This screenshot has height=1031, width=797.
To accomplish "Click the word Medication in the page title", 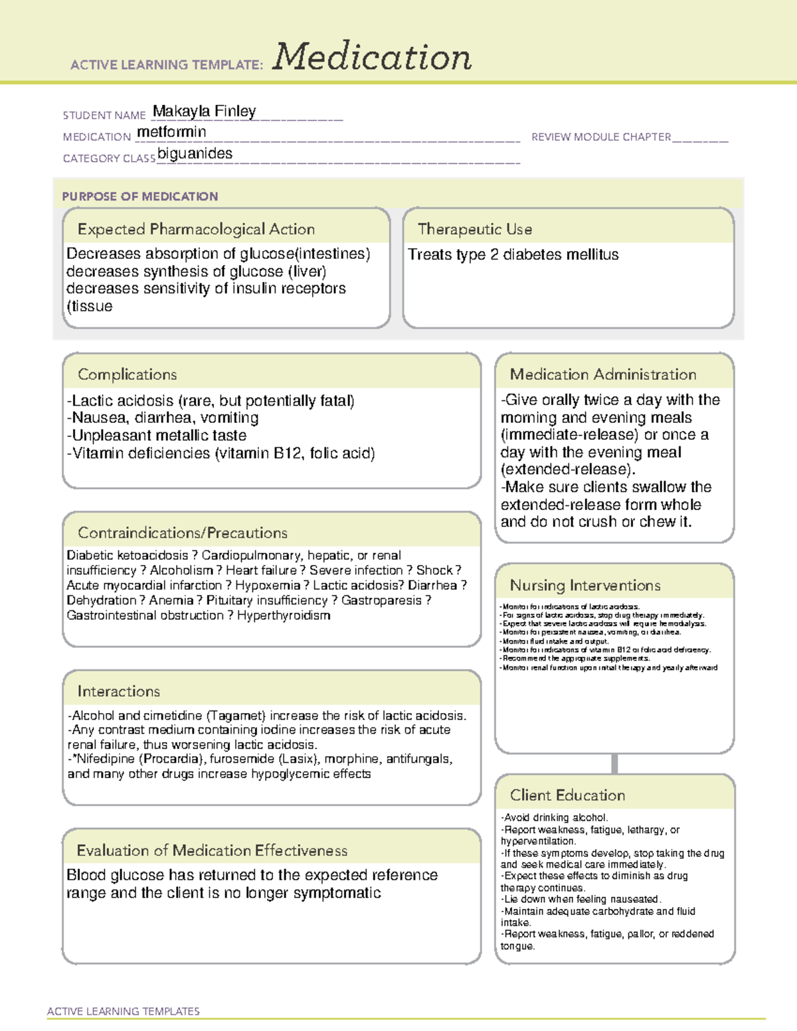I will (372, 57).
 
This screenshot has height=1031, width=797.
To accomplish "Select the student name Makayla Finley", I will (204, 112).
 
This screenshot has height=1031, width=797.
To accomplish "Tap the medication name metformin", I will (171, 132).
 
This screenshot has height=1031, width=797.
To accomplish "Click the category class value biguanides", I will (195, 153).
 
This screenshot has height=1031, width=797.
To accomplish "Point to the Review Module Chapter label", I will (600, 137).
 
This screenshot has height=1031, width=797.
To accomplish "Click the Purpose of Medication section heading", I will (139, 197).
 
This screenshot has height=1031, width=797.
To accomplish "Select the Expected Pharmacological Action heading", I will (196, 229).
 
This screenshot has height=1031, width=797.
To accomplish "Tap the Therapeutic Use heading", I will (474, 229).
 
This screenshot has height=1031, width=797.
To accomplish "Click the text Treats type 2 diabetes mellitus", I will (513, 255).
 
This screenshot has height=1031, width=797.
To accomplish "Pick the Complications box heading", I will (127, 374).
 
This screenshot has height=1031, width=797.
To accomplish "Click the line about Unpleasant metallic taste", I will (157, 436).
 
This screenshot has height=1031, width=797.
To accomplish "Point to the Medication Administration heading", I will (602, 374).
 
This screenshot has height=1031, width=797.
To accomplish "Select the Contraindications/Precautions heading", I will (182, 533).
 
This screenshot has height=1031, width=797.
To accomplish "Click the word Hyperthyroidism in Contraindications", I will (284, 615).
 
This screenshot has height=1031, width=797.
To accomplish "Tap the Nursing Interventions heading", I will (584, 586).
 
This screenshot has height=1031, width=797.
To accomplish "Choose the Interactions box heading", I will (118, 692).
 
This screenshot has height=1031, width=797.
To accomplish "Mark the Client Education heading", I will (567, 795).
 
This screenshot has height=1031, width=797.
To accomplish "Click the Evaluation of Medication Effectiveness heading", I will (212, 850).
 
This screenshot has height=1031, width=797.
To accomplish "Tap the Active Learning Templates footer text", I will (123, 1011).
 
